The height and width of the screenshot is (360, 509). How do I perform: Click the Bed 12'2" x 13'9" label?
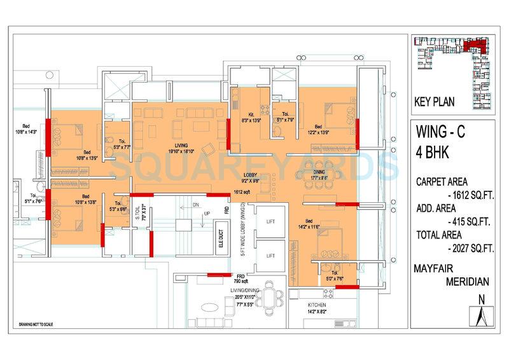(317, 129)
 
